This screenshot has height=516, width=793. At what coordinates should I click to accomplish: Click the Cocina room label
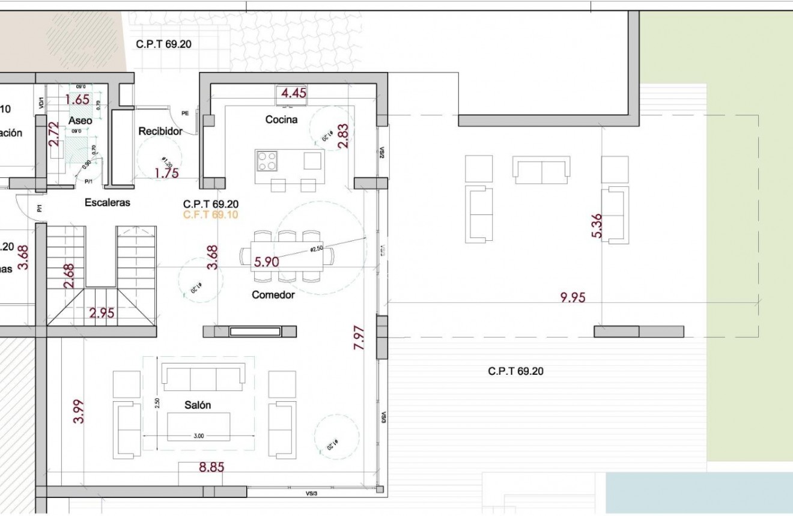tap(281, 120)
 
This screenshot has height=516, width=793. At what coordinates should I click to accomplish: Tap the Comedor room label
tap(273, 295)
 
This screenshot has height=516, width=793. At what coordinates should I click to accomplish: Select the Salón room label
tap(198, 405)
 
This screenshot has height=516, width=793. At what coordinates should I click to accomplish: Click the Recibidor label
tap(160, 131)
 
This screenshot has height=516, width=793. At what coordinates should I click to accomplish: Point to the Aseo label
tap(80, 121)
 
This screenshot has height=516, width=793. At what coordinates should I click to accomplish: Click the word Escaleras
tap(107, 202)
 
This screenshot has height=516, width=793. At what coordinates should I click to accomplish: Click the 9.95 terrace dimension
tap(572, 297)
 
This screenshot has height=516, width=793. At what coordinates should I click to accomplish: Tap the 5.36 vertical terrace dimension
tap(597, 226)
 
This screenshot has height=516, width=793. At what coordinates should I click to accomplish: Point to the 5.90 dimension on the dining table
tap(267, 262)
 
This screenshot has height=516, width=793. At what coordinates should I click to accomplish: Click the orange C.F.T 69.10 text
tap(210, 215)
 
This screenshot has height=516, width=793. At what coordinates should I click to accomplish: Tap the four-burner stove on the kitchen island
tap(267, 161)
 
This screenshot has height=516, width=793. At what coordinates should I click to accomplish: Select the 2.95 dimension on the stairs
tap(102, 312)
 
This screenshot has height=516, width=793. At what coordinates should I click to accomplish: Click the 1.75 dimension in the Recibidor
tap(166, 174)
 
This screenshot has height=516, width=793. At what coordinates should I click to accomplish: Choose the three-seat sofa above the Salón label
tap(204, 380)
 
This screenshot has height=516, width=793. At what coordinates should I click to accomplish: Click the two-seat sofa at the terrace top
tap(541, 170)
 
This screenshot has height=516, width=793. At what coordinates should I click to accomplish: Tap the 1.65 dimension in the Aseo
tap(77, 100)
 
